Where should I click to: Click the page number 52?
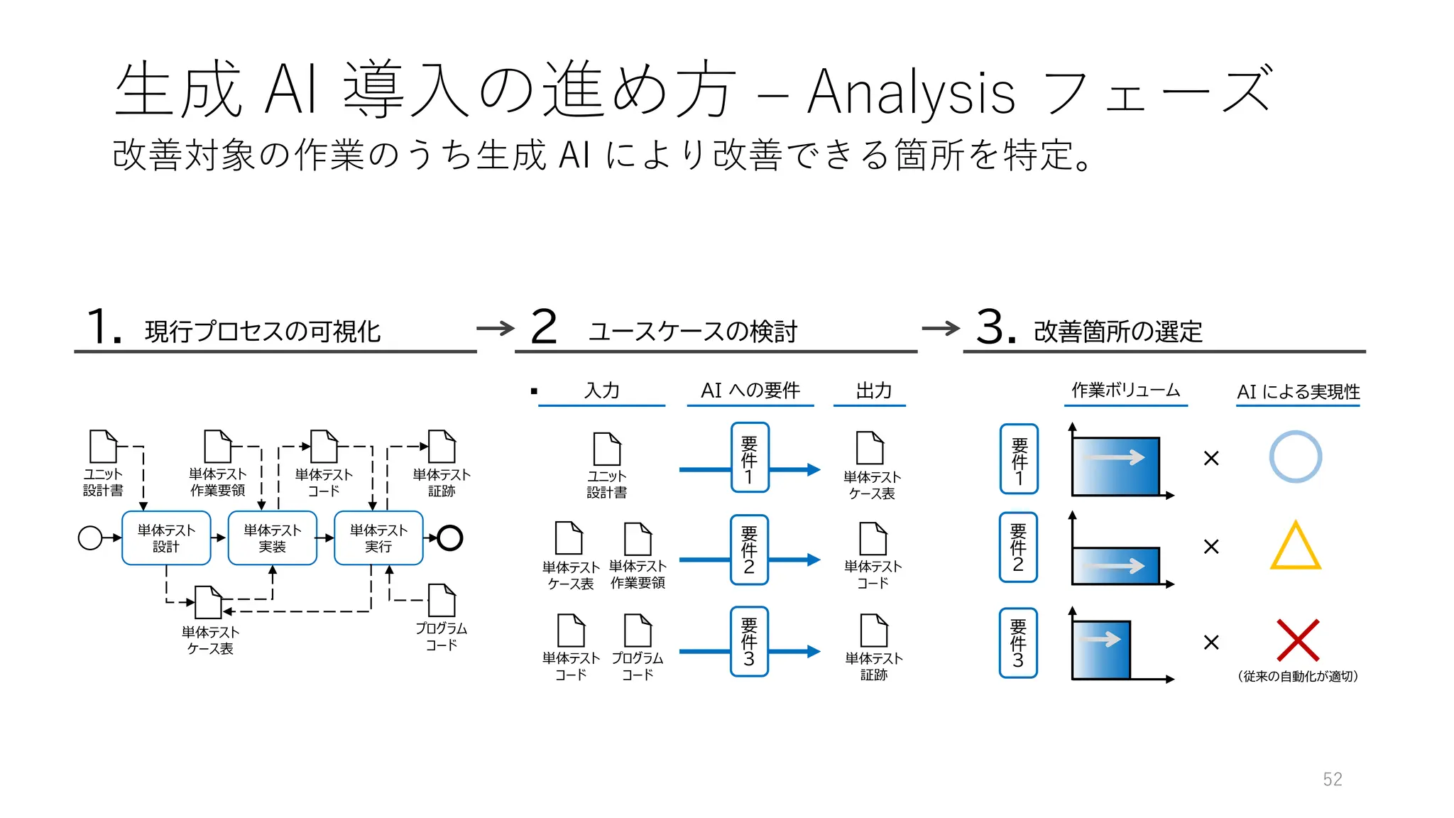[x=1332, y=779]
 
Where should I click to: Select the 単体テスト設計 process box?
[x=166, y=538]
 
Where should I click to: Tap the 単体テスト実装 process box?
[x=272, y=538]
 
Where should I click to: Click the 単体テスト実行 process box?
[x=378, y=538]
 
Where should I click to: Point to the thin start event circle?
[x=90, y=538]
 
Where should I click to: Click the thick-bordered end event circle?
[x=450, y=538]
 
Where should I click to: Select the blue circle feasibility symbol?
[x=1295, y=457]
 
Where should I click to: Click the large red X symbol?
[x=1297, y=640]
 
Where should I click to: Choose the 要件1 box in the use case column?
[x=749, y=457]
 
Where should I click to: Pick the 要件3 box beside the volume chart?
[x=1018, y=643]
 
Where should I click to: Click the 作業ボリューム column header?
[x=1125, y=390]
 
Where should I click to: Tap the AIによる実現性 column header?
[x=1298, y=391]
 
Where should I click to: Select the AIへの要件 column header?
[x=750, y=390]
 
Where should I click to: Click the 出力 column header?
[x=873, y=390]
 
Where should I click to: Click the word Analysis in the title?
[x=911, y=92]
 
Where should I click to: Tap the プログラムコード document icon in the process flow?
[x=442, y=601]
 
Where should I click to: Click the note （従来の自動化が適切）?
[x=1298, y=677]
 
